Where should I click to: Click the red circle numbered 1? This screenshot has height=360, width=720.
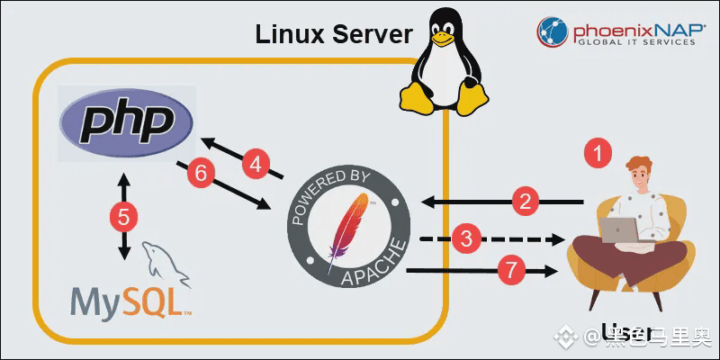[x=599, y=152]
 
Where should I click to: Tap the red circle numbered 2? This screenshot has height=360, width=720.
[x=526, y=200]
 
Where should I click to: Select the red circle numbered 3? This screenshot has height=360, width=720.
[x=466, y=238]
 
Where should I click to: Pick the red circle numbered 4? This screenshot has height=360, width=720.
[x=256, y=164]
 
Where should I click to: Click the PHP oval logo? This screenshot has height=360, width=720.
[x=125, y=124]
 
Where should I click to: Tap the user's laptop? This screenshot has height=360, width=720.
[x=620, y=230]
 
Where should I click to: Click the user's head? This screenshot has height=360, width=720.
[x=641, y=172]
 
